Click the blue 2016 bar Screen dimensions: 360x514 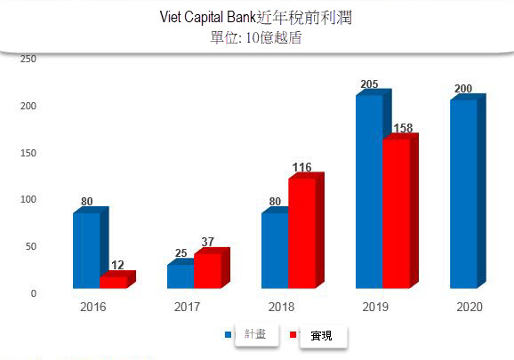(87, 250)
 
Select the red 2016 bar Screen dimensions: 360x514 (113, 282)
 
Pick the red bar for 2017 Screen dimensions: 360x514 (207, 270)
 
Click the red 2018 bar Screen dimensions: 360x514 (301, 233)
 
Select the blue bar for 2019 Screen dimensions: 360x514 (369, 191)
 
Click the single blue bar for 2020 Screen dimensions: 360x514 (463, 193)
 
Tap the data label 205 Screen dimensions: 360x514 (369, 84)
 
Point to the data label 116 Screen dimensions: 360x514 (301, 167)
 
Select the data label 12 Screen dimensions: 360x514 (116, 265)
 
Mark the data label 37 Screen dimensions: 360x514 (208, 242)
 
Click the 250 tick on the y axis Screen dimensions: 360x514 (28, 59)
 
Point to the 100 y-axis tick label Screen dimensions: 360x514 (28, 199)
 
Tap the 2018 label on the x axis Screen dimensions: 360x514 (281, 307)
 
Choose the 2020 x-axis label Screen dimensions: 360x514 (469, 307)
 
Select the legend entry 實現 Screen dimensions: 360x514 (321, 335)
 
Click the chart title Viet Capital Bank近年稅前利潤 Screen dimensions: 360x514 (257, 18)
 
